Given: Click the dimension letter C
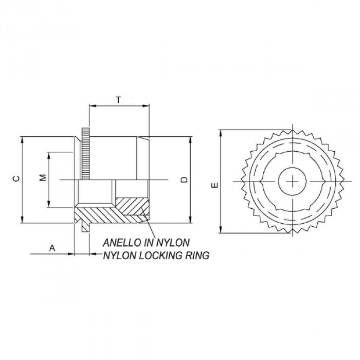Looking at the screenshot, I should coord(15,178).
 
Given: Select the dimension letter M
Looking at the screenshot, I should coord(43,178).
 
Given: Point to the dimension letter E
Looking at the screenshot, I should coord(215,184).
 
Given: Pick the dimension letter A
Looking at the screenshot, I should coord(52,248).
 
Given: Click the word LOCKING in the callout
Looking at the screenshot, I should coord(157,255).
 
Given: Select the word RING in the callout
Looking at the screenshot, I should coord(198,255).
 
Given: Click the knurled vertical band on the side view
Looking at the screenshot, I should coord(84,154).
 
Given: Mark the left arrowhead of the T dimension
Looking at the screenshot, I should coord(92,106).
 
